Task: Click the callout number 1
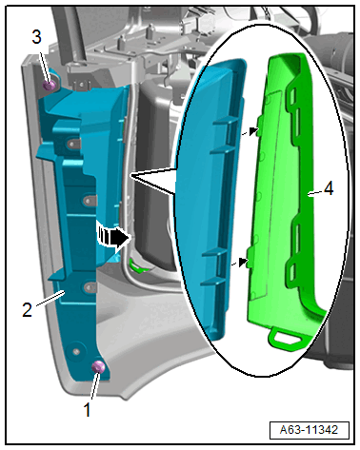(87, 409)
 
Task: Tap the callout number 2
(27, 309)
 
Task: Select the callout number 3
(36, 37)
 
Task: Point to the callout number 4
(329, 189)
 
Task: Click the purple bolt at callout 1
(98, 367)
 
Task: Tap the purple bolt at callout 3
(50, 85)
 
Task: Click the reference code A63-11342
(309, 430)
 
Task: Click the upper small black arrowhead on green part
(253, 130)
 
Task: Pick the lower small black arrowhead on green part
(244, 262)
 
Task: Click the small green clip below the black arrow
(138, 266)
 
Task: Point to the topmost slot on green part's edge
(292, 93)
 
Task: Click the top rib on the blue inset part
(226, 121)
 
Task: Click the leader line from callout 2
(50, 299)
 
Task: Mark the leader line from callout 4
(315, 194)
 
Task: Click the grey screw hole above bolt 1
(76, 351)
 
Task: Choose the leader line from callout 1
(94, 386)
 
